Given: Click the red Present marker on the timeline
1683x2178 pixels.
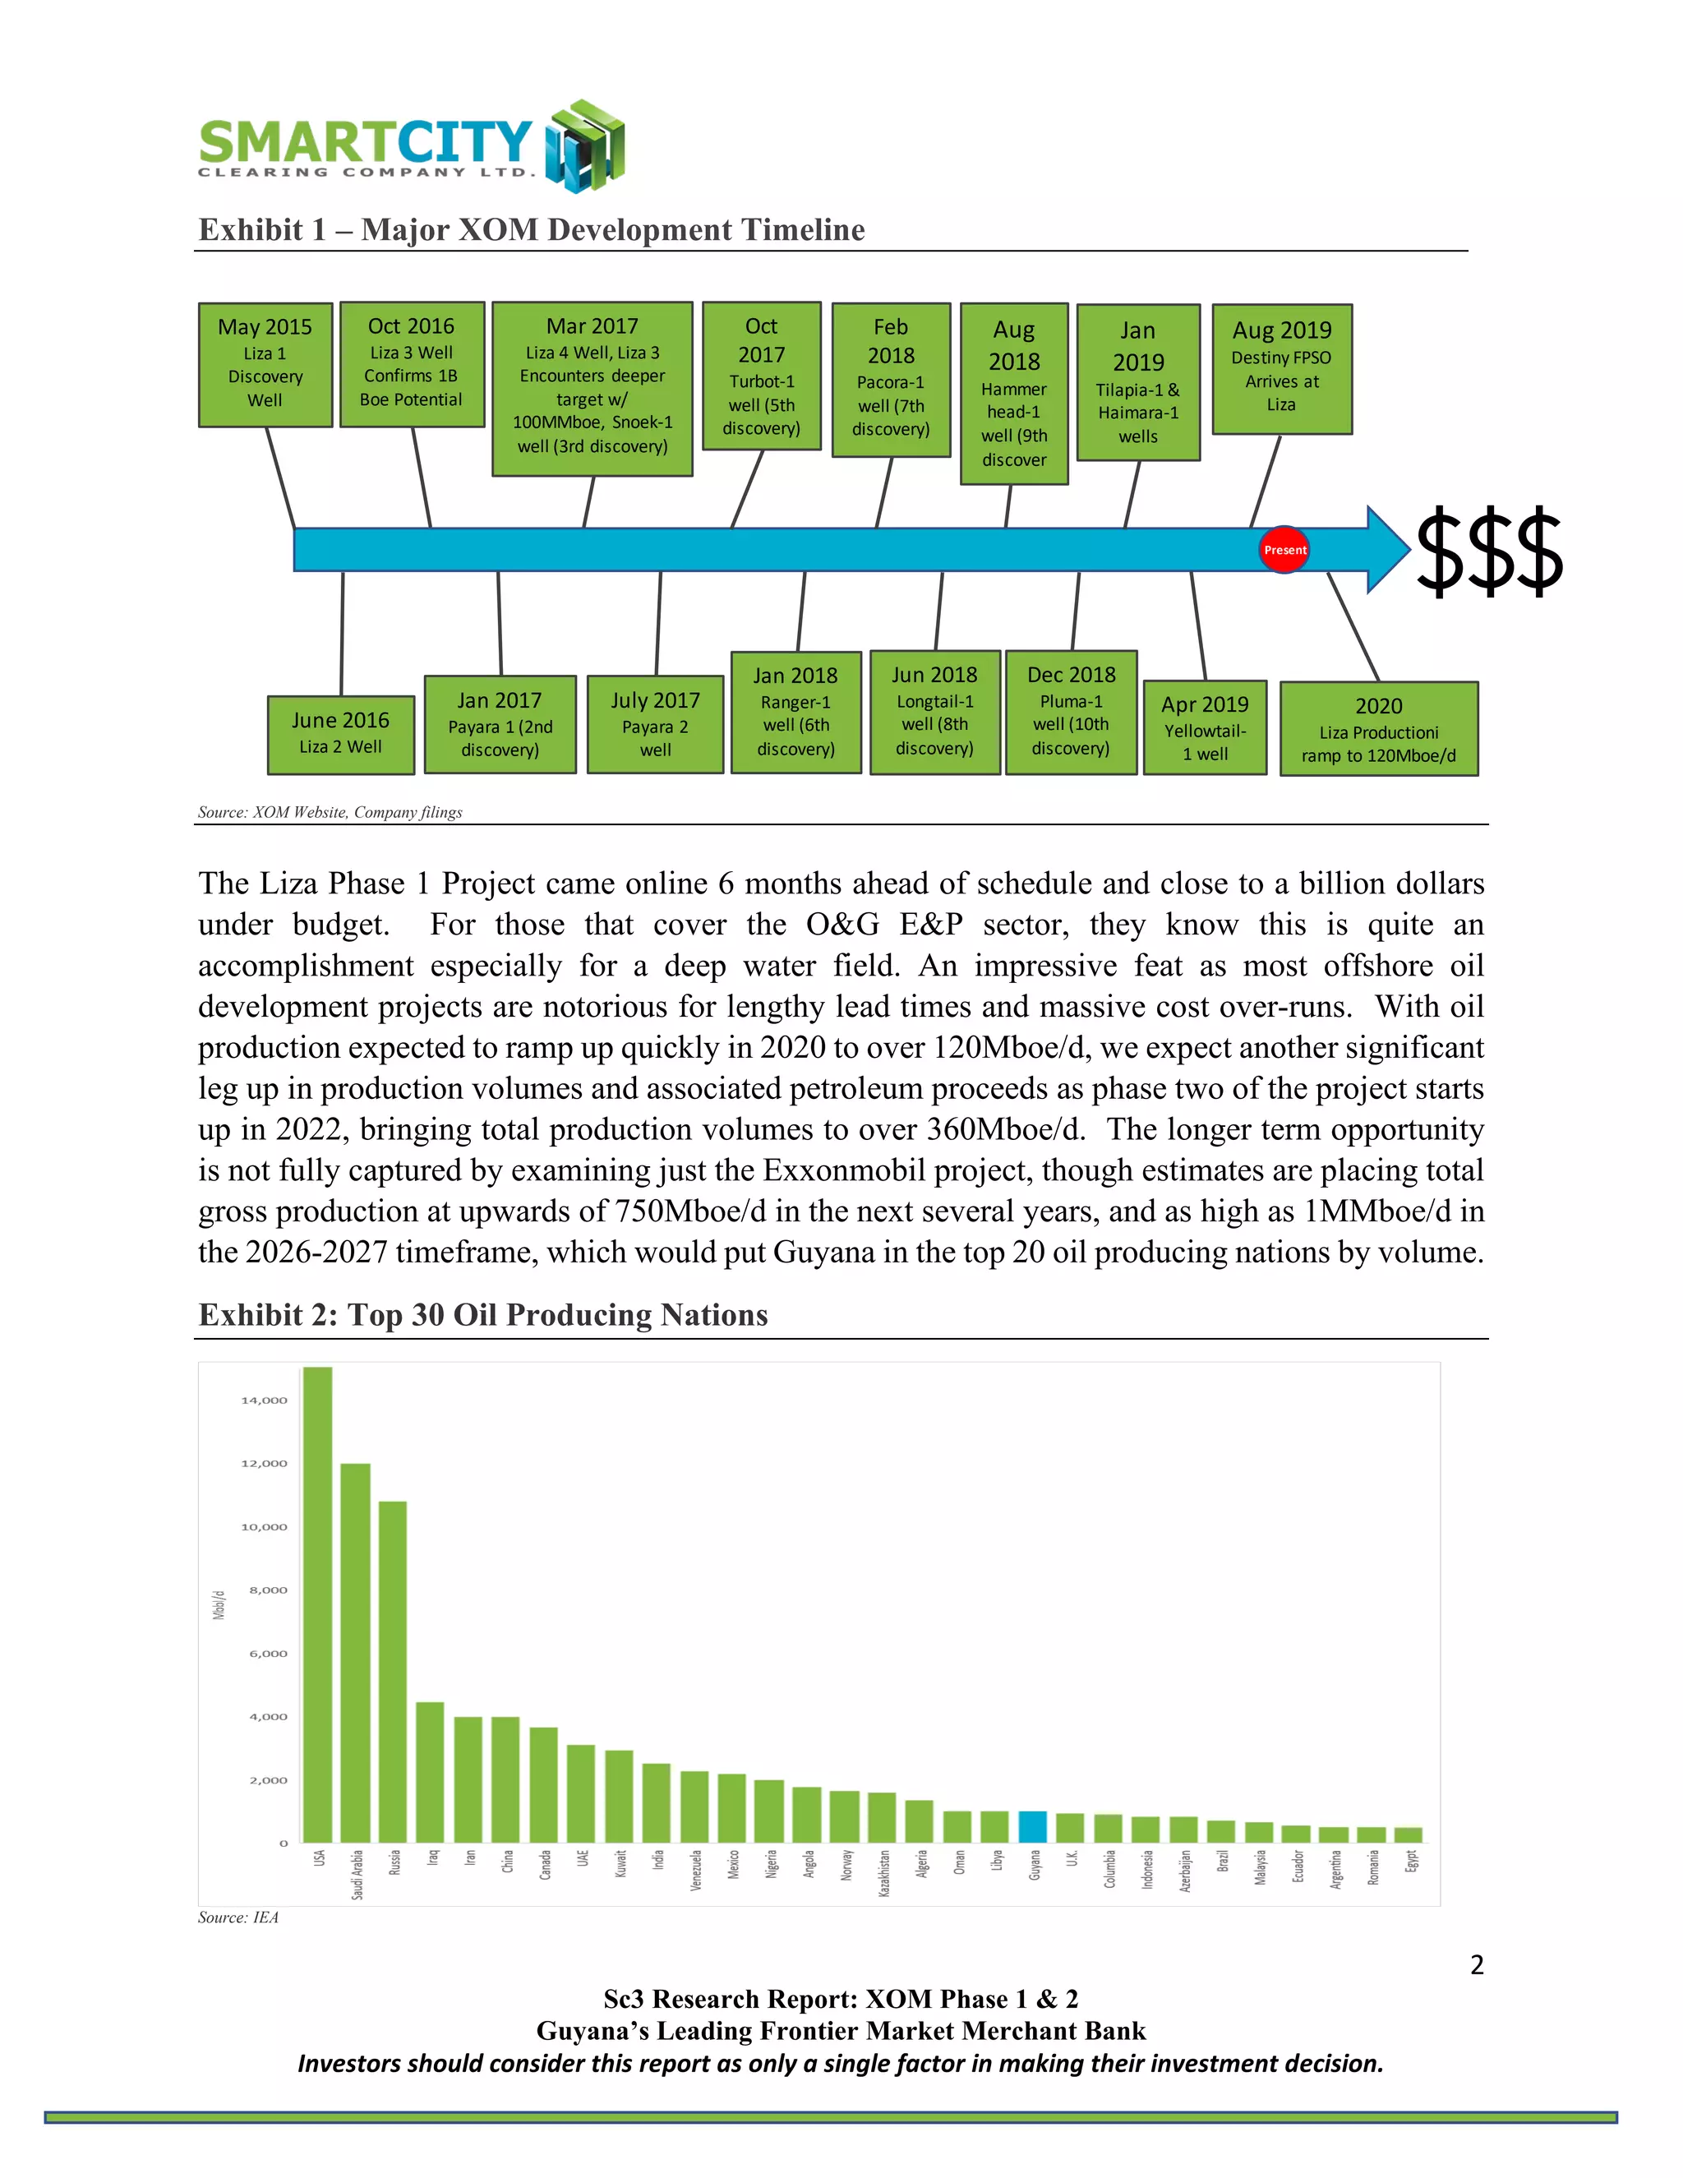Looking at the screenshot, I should tap(1284, 550).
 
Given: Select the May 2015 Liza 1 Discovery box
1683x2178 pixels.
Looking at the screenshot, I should tap(265, 364).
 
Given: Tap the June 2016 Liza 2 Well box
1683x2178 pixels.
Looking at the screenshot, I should tap(341, 734).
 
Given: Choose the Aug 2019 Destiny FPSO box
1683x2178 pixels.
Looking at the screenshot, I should tap(1281, 368).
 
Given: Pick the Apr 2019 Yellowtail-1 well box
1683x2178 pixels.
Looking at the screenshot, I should tap(1205, 727).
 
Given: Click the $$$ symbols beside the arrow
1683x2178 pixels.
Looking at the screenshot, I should tap(1488, 551).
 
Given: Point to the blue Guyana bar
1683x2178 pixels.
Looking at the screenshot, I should tap(1033, 1826).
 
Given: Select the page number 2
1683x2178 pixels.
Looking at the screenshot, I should tap(1477, 1964).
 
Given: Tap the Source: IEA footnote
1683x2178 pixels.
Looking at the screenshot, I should tap(238, 1917).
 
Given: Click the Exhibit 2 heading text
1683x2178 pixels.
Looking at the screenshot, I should tap(483, 1314).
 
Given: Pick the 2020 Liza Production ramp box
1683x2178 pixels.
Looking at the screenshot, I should tap(1378, 729).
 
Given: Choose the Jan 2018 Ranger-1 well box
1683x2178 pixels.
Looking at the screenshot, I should tap(795, 712).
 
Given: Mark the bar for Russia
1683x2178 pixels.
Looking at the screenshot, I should tap(393, 1672).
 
